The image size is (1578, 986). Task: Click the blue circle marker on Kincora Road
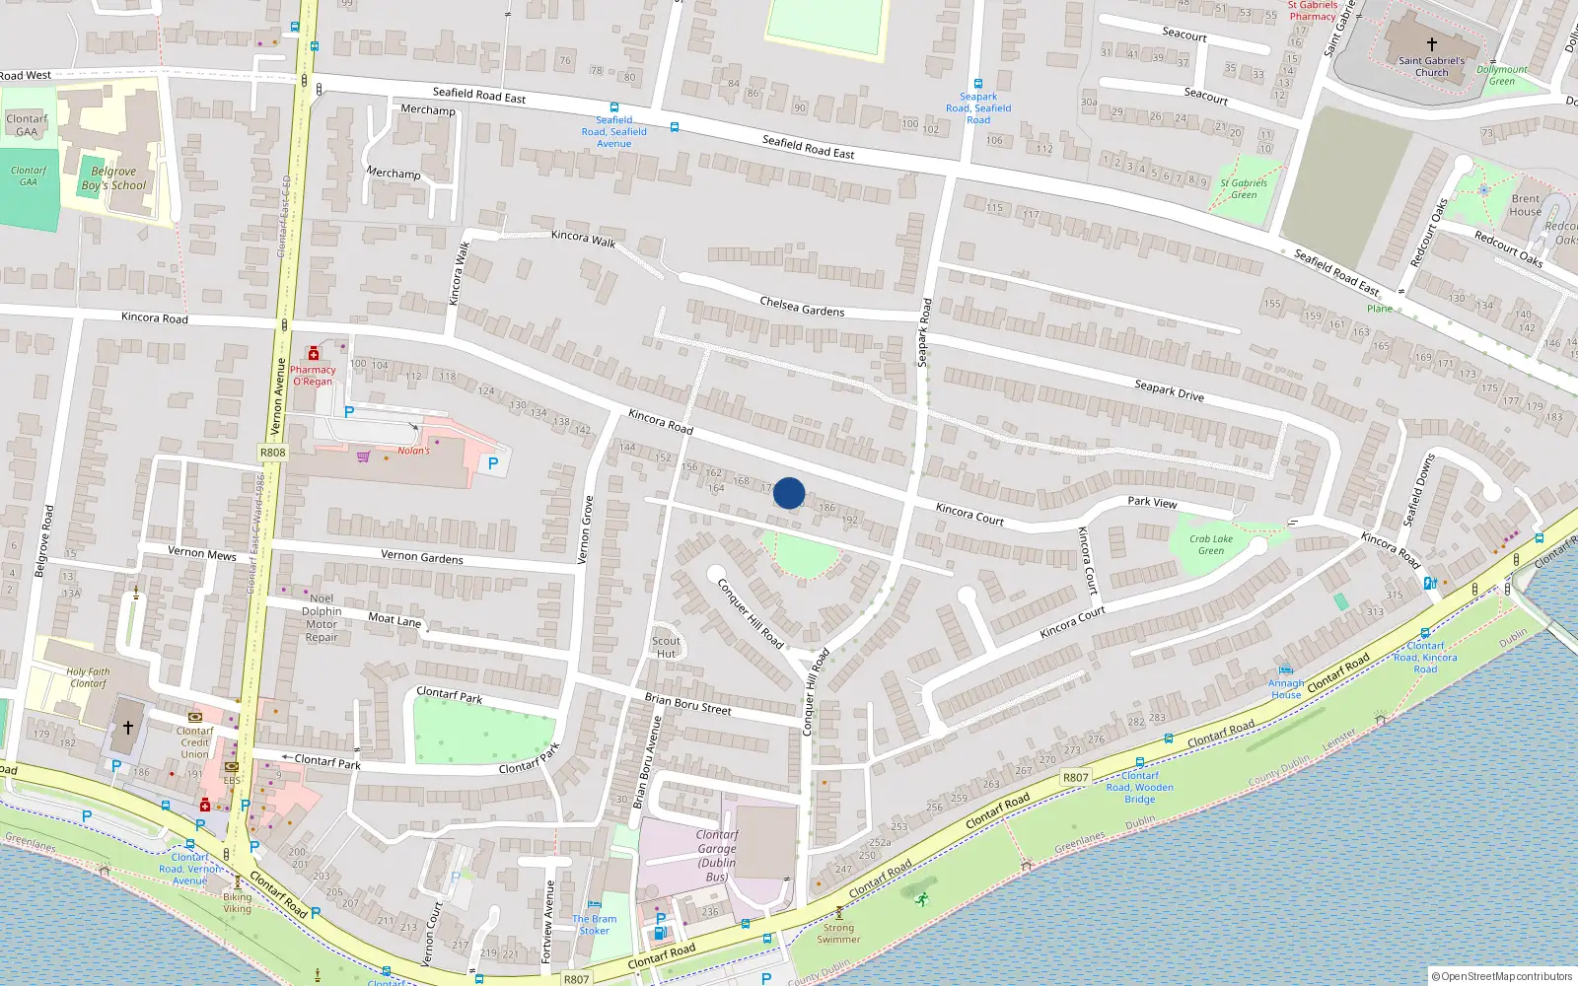click(789, 493)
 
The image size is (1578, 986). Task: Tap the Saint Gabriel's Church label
click(1432, 66)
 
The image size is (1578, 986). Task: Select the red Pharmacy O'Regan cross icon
click(314, 353)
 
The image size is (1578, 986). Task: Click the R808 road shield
click(273, 453)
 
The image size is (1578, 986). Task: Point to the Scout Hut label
click(667, 647)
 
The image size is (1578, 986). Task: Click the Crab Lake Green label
click(1211, 544)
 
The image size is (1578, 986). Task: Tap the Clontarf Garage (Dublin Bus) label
click(717, 855)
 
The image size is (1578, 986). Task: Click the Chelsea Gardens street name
click(802, 306)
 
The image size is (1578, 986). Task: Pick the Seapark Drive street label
click(1169, 390)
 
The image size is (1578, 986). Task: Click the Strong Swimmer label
click(838, 933)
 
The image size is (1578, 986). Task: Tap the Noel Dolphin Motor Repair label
click(322, 617)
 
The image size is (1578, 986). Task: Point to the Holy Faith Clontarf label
click(88, 677)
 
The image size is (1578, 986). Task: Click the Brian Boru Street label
click(688, 703)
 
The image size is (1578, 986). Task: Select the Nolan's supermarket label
click(413, 451)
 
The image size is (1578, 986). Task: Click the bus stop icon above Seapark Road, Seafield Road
click(978, 85)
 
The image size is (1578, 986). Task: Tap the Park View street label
click(1152, 502)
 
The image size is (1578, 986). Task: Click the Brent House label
click(1525, 205)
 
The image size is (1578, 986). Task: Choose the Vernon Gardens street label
click(422, 557)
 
